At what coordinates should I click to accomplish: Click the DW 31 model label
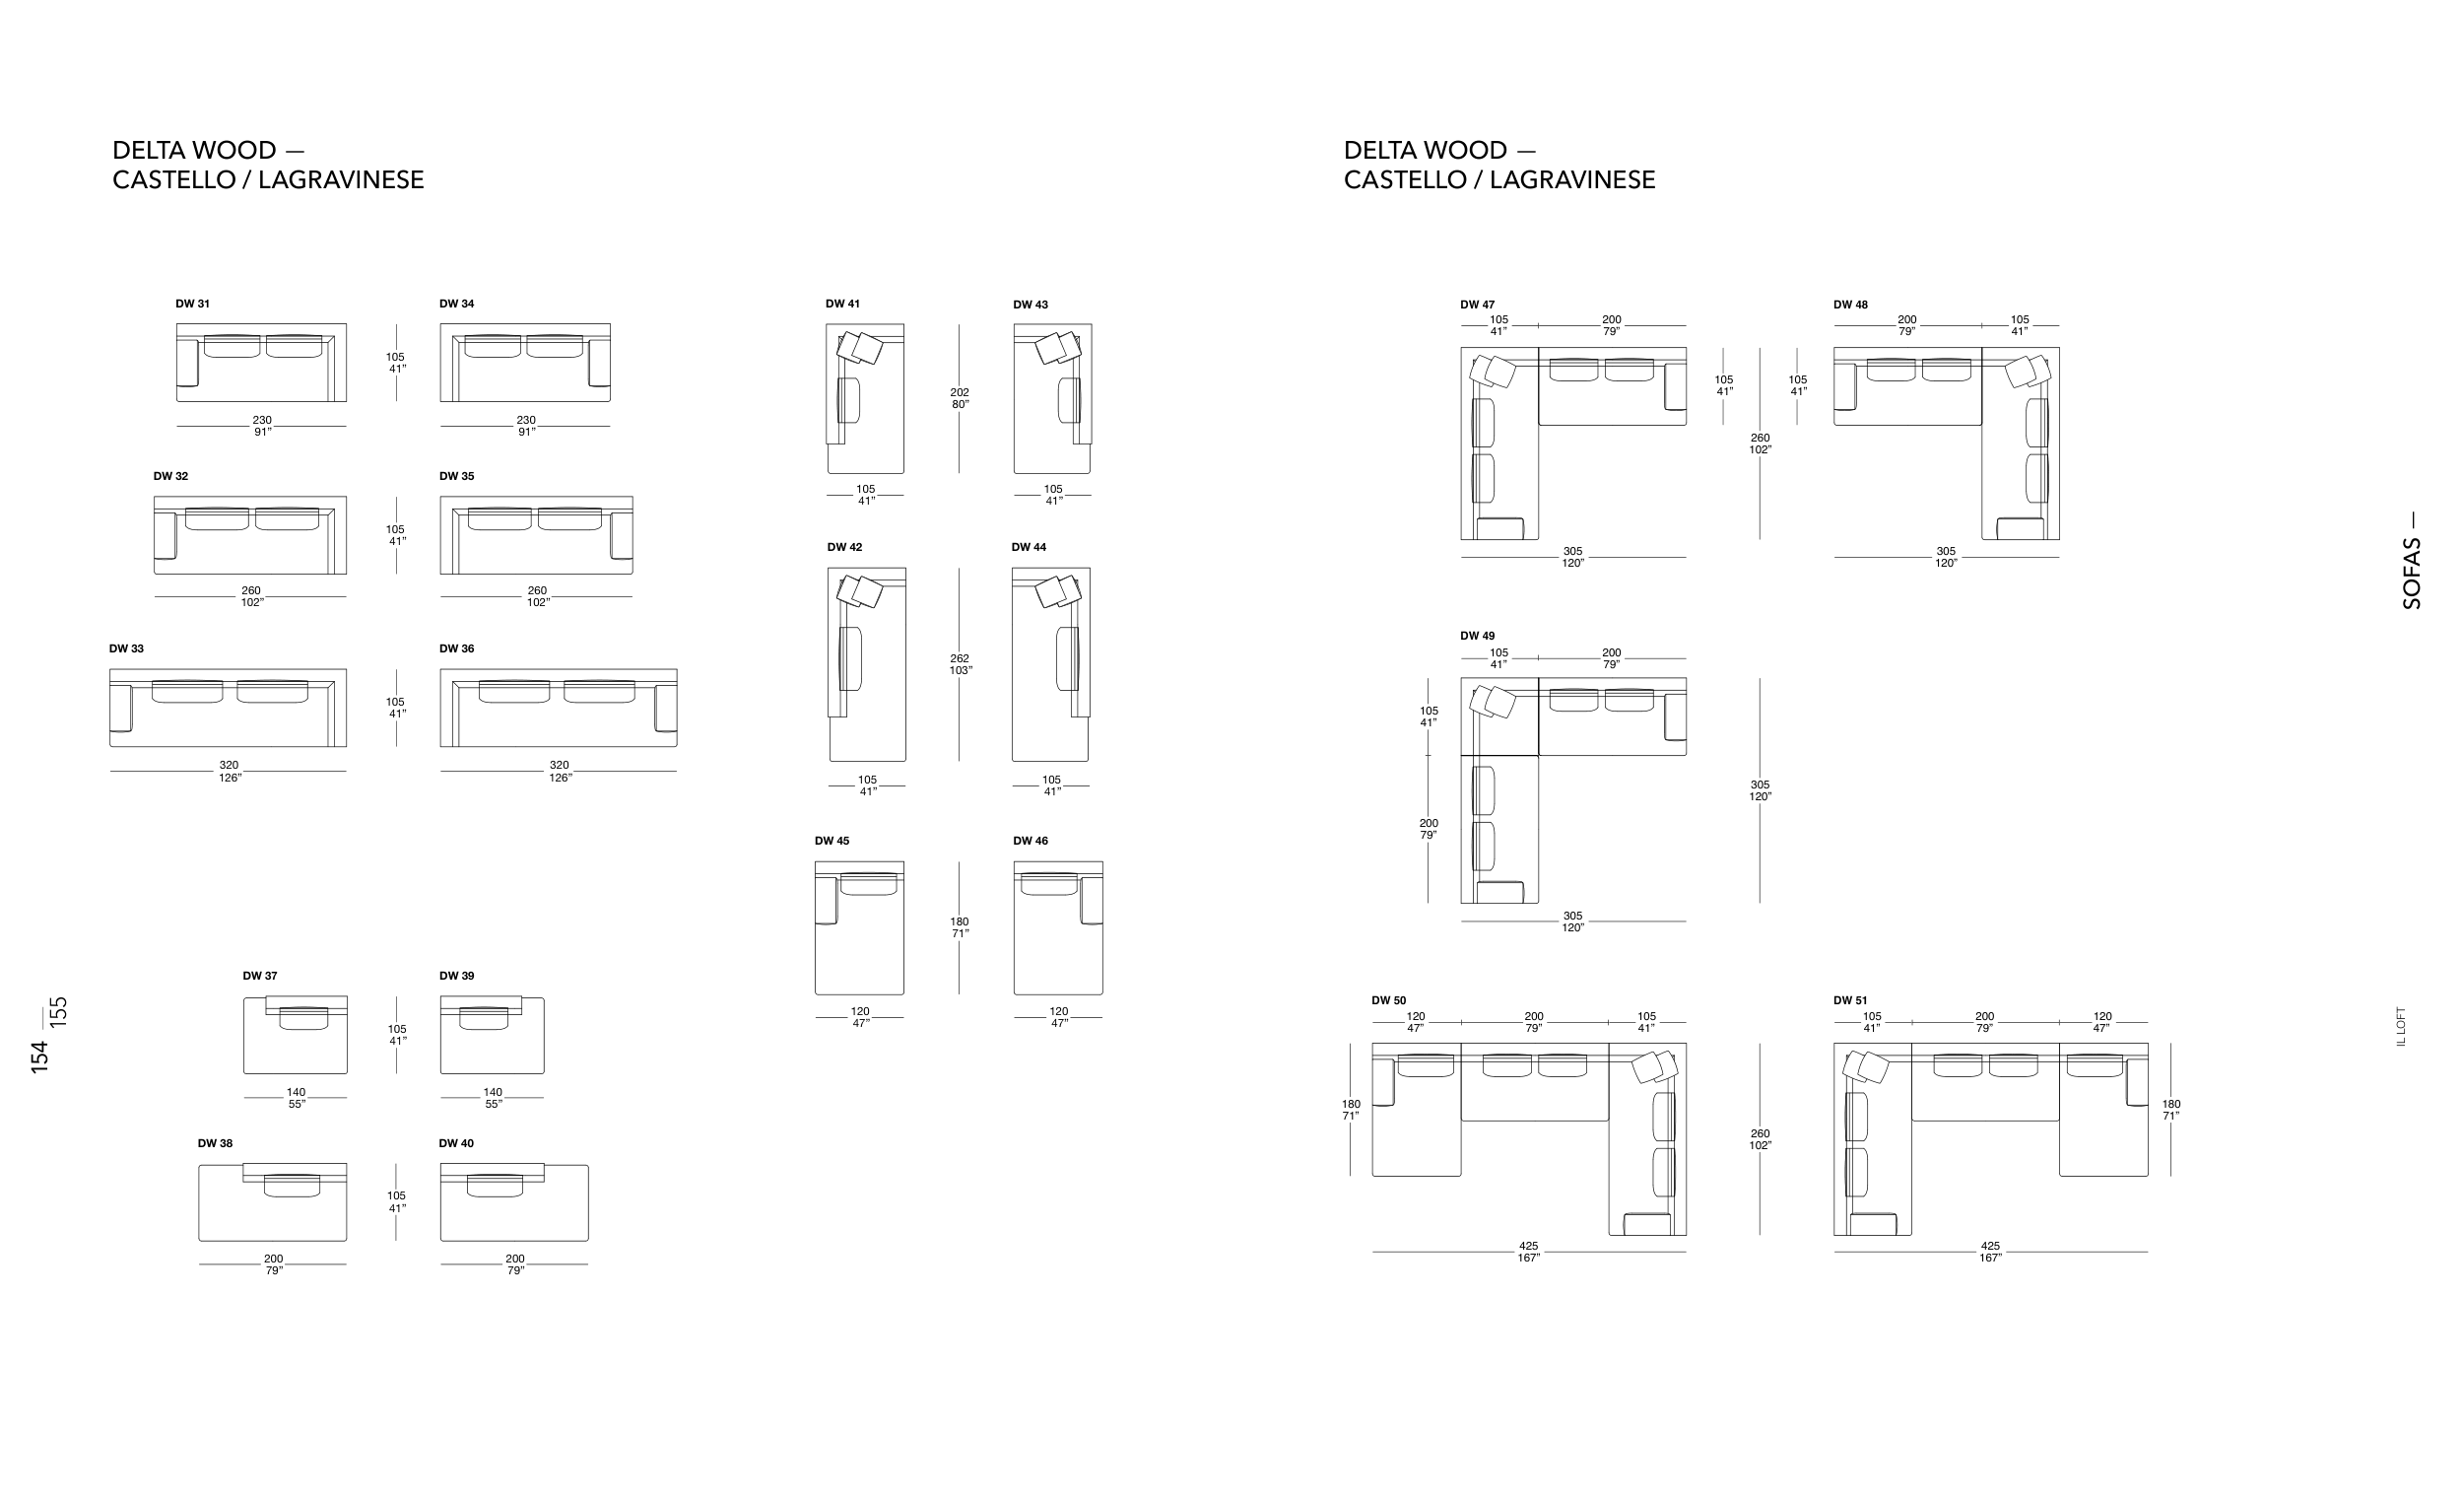click(193, 304)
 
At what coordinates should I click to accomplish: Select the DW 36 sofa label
click(457, 649)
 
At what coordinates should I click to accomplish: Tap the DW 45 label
click(832, 841)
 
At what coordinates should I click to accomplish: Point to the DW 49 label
click(1478, 636)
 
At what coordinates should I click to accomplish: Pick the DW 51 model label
click(1850, 1000)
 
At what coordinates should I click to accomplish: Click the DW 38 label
click(215, 1143)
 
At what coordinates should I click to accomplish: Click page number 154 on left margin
click(40, 1057)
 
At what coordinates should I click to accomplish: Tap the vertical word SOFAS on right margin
click(2412, 574)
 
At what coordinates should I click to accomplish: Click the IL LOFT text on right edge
click(2401, 1026)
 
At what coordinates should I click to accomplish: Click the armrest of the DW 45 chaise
click(826, 900)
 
